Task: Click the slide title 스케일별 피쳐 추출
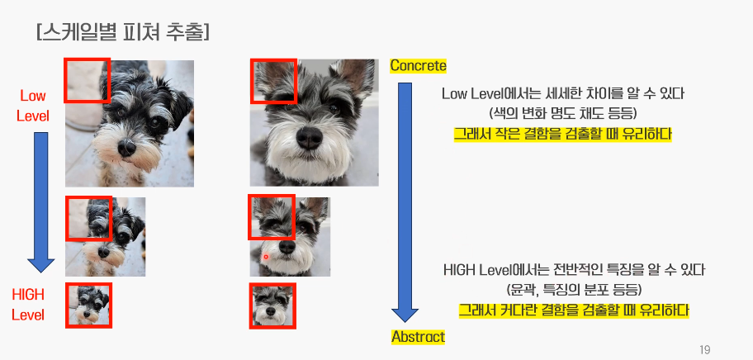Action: tap(122, 32)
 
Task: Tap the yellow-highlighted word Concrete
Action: tap(419, 66)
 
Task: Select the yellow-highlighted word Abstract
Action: tap(419, 337)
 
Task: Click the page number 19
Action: tap(704, 349)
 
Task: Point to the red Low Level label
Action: tap(33, 106)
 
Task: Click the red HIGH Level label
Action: tap(28, 305)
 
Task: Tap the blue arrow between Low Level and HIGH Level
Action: tap(40, 202)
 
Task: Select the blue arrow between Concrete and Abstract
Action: tap(405, 202)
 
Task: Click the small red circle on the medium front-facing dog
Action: tap(266, 258)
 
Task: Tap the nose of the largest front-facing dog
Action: tap(310, 138)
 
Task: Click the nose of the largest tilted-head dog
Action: tap(127, 147)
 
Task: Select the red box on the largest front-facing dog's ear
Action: tap(274, 81)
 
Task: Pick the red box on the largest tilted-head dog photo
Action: tap(88, 80)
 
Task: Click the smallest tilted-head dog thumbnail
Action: tap(89, 306)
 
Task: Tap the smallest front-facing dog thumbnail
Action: tap(272, 306)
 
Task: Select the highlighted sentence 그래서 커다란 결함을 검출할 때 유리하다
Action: tap(574, 310)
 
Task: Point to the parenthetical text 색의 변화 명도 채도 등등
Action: tap(563, 114)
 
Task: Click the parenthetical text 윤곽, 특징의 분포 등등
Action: tap(574, 289)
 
